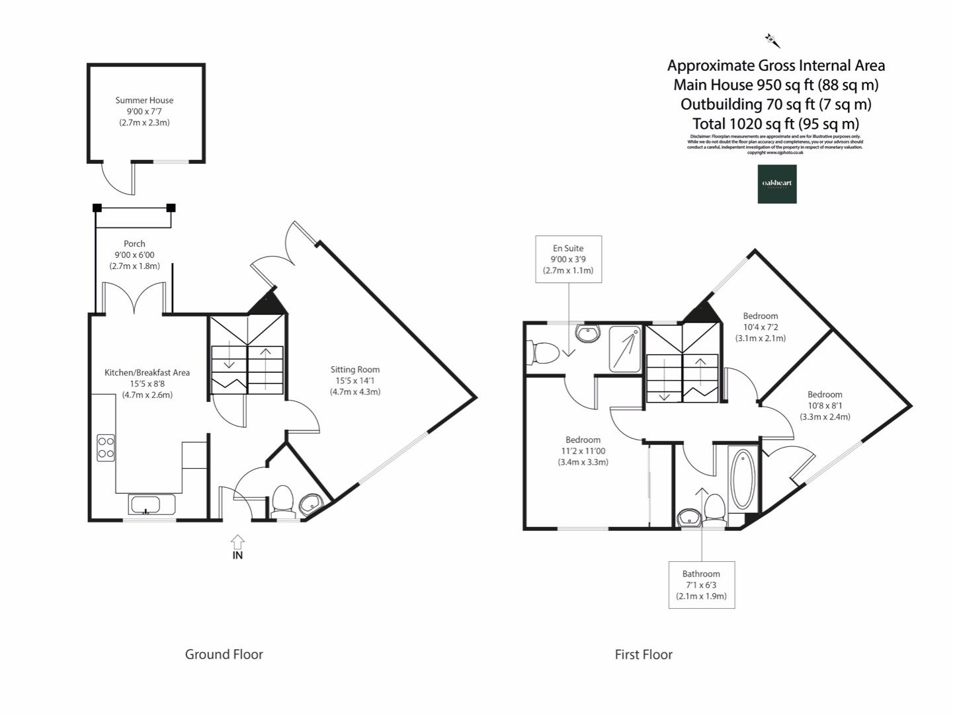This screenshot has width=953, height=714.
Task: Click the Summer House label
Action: pyautogui.click(x=144, y=100)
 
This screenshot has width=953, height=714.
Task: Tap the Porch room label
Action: pyautogui.click(x=134, y=244)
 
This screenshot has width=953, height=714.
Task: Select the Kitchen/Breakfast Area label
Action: pyautogui.click(x=147, y=373)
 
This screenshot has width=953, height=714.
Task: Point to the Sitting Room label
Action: pyautogui.click(x=355, y=370)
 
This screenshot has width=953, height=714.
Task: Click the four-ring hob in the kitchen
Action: pyautogui.click(x=106, y=446)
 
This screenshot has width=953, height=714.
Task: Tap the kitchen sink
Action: pyautogui.click(x=152, y=505)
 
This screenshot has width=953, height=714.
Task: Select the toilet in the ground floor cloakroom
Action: pyautogui.click(x=282, y=500)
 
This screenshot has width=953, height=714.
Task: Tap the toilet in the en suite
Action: pyautogui.click(x=542, y=352)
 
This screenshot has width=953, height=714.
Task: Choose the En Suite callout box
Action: pyautogui.click(x=568, y=259)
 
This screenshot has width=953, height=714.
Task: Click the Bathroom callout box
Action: pyautogui.click(x=701, y=585)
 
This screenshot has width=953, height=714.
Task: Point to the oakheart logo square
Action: pyautogui.click(x=777, y=184)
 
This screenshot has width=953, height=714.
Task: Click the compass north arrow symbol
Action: pyautogui.click(x=772, y=41)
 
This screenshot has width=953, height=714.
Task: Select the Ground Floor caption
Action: pyautogui.click(x=224, y=654)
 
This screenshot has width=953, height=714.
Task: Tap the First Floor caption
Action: pyautogui.click(x=643, y=654)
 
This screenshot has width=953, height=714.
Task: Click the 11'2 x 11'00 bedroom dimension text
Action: pyautogui.click(x=583, y=451)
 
